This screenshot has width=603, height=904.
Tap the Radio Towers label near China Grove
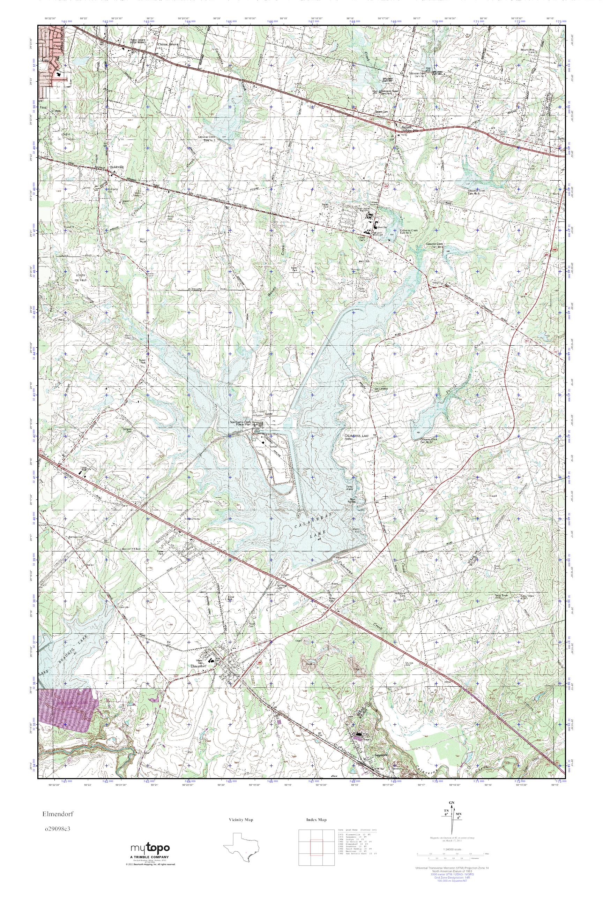[137, 41]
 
